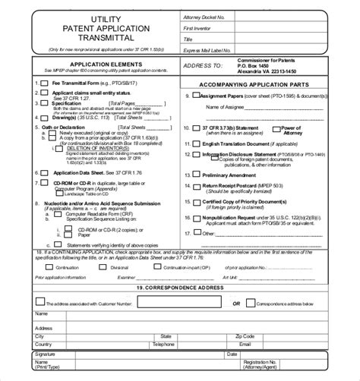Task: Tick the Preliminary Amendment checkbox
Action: click(x=197, y=174)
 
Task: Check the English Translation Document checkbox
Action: click(x=197, y=142)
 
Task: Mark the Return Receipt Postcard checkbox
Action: click(x=197, y=185)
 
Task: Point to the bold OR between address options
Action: click(x=237, y=303)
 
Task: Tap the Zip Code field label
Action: click(x=245, y=335)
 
